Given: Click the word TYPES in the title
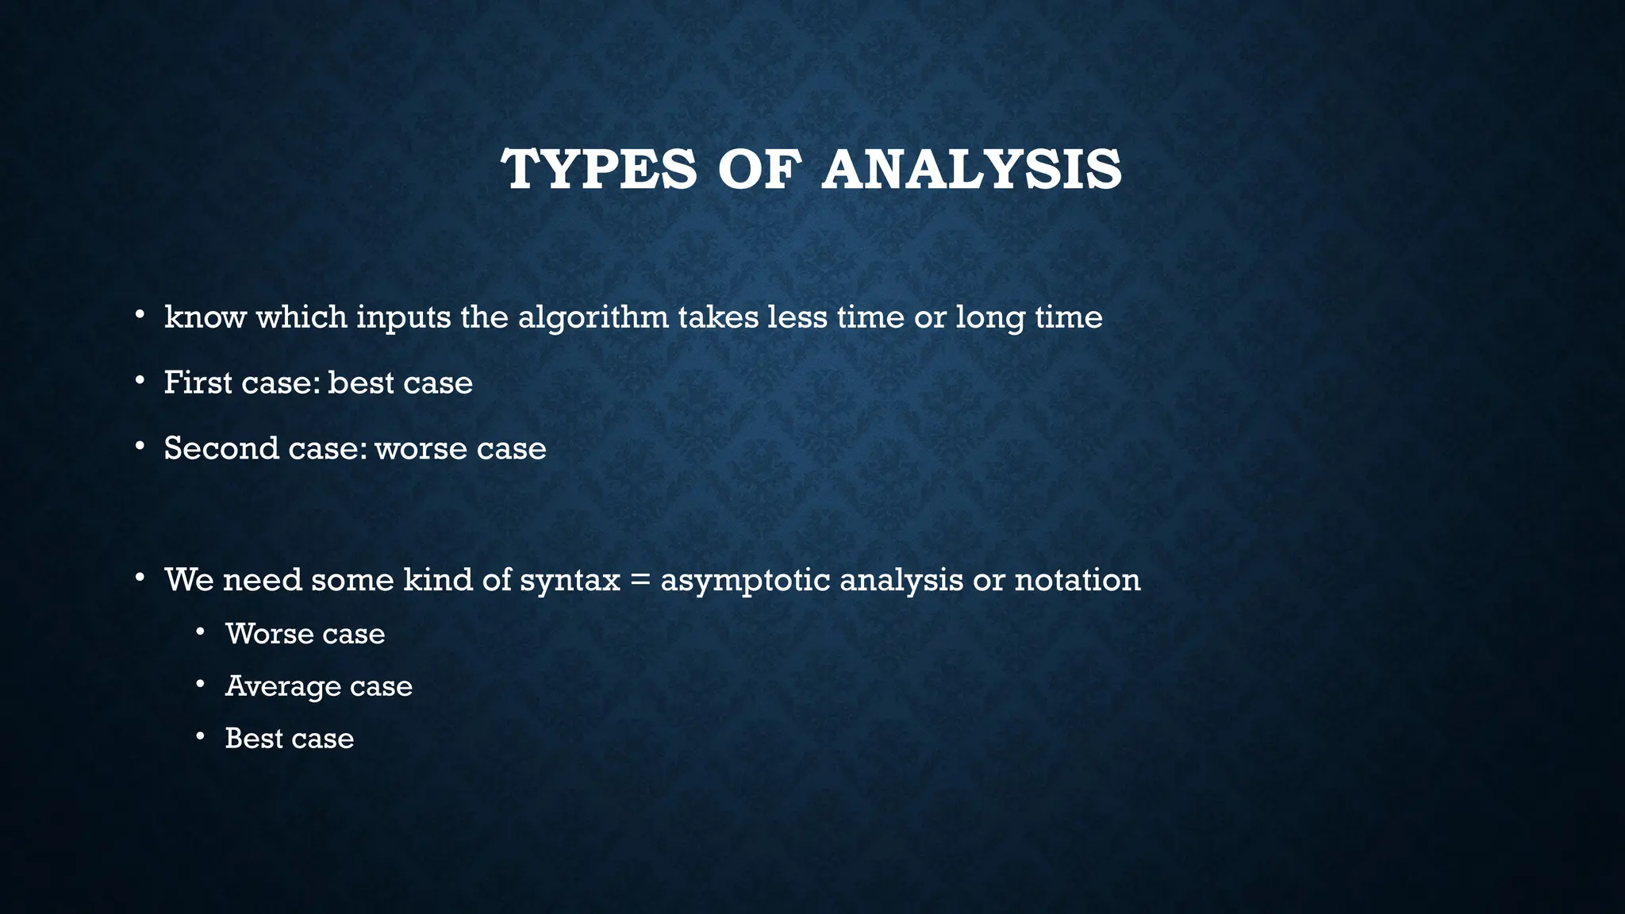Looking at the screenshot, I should [x=598, y=170].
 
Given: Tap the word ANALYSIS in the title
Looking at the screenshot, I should [x=971, y=170].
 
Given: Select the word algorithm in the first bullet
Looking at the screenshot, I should [x=593, y=317].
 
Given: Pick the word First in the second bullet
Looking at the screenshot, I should [x=198, y=382].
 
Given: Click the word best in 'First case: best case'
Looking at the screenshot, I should [x=361, y=382].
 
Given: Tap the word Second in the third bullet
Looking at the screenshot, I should [x=221, y=448].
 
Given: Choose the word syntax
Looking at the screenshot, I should [x=569, y=581].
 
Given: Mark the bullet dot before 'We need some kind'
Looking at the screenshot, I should [x=140, y=578].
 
